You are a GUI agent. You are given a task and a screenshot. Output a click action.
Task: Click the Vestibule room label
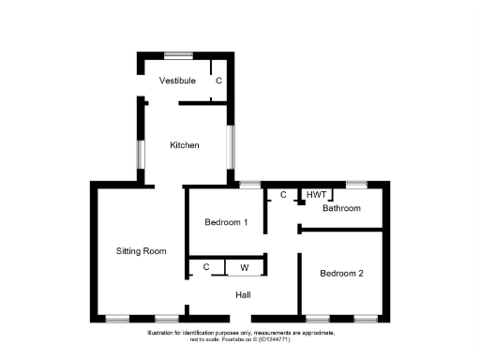(177, 82)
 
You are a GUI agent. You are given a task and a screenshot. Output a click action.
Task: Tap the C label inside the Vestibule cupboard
(219, 82)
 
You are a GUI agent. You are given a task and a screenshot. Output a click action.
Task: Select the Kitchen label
(184, 145)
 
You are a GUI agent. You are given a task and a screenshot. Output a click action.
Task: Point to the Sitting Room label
(141, 251)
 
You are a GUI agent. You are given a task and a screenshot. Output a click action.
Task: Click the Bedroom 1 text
(226, 222)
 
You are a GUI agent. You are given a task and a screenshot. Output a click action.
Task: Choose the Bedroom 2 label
(340, 274)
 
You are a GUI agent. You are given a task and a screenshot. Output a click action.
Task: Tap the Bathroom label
(341, 208)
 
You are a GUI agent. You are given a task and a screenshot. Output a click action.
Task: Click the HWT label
(316, 195)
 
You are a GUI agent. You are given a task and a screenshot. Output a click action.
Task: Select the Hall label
(243, 295)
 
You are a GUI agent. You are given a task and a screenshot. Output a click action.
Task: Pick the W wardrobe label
(245, 268)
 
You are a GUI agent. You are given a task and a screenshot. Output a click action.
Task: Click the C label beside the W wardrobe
(206, 268)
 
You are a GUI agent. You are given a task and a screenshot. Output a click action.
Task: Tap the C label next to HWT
(282, 195)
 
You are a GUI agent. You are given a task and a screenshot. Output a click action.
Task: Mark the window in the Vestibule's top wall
(179, 54)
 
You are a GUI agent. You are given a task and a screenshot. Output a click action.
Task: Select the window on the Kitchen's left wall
(140, 155)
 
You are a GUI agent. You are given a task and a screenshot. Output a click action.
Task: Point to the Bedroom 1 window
(249, 184)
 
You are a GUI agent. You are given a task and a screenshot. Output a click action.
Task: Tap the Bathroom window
(357, 184)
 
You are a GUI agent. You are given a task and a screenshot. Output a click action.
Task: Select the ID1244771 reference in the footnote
(299, 340)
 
